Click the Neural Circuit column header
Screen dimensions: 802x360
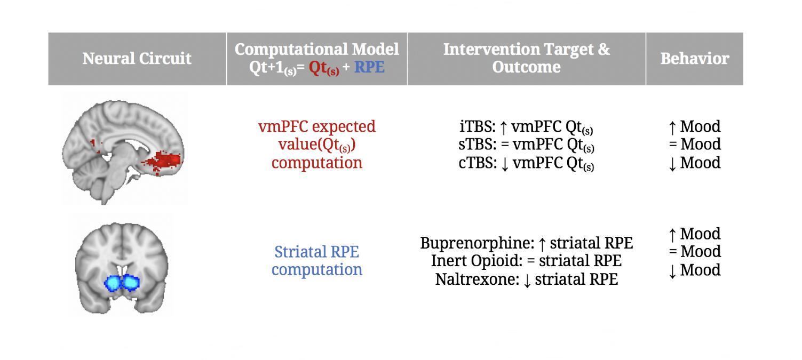137,58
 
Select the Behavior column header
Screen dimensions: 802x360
695,58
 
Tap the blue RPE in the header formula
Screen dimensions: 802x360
369,67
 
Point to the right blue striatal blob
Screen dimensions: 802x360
130,282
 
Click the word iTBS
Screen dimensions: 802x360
477,126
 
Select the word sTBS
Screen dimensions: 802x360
477,144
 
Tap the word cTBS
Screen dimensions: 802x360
477,163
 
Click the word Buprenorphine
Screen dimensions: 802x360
477,243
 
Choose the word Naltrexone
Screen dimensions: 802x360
477,279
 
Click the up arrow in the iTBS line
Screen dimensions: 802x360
503,127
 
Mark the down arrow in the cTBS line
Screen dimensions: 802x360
505,164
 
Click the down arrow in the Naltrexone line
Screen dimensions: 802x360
527,280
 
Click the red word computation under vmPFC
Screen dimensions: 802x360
317,163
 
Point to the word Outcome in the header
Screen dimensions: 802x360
526,67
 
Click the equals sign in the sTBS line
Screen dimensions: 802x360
505,145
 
